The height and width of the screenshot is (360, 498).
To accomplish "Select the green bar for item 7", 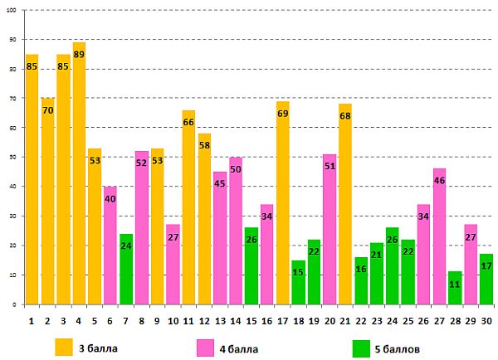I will coord(125,270).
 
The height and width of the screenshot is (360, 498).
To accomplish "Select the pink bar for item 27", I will coord(439,241).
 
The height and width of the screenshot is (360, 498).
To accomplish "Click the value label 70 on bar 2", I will coord(47,109).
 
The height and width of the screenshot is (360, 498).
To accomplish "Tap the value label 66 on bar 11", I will coord(188,122).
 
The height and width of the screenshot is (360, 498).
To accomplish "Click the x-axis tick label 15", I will coord(251,321).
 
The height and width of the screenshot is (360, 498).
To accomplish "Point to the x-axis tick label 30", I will coord(486,321).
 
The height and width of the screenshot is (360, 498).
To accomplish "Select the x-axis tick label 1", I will coord(32,321).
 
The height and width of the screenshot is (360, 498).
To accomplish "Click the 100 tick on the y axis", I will coord(12,11).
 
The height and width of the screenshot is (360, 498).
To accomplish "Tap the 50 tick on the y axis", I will coord(12,158).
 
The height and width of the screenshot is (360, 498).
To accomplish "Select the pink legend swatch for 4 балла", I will coord(206,347).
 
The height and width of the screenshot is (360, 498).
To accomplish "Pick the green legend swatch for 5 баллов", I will coord(361,347).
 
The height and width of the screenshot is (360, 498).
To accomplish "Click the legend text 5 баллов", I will coord(408,348).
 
